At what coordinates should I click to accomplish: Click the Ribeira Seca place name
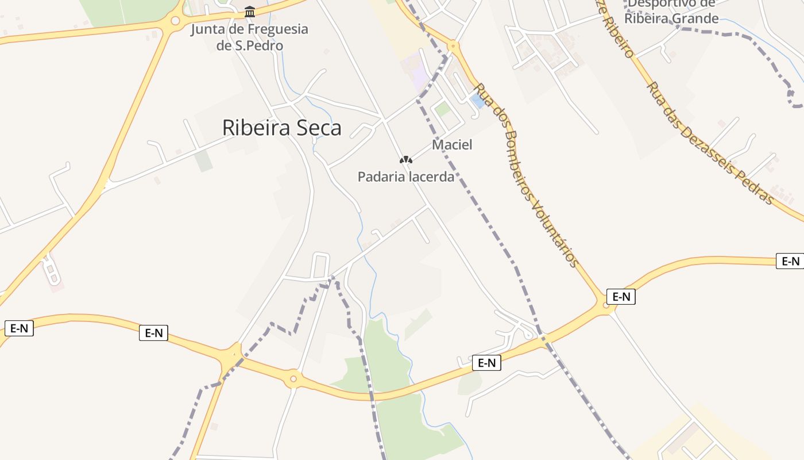281,128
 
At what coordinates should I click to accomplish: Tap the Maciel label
452,145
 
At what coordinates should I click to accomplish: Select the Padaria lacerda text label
406,177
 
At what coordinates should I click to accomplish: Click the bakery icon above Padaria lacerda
405,159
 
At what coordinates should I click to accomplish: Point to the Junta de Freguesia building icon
250,11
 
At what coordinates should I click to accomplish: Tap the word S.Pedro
260,45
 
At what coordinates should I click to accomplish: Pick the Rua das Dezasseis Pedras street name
710,142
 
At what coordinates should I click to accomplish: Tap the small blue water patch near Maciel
477,102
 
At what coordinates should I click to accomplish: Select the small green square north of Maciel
442,108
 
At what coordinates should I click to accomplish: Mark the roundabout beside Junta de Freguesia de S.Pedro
175,21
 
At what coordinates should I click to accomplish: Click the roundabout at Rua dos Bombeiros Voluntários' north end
453,45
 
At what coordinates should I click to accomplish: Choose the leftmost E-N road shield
19,328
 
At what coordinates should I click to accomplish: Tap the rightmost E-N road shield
790,261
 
